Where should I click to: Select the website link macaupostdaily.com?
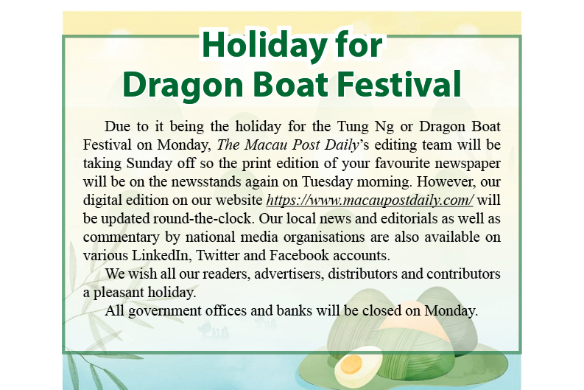(370, 201)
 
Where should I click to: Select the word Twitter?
(220, 256)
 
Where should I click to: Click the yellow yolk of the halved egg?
(352, 363)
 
